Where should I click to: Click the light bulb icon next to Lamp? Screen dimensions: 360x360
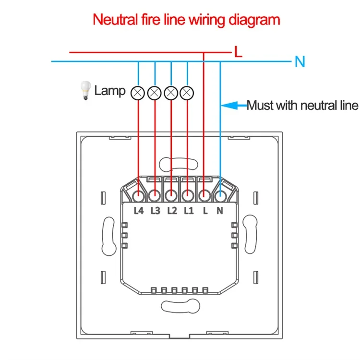pyautogui.click(x=85, y=90)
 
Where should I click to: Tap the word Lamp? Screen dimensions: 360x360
pyautogui.click(x=110, y=91)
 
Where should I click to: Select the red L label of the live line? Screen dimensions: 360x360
pyautogui.click(x=238, y=52)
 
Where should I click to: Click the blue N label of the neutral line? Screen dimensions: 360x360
pyautogui.click(x=300, y=61)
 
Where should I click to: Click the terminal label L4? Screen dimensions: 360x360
pyautogui.click(x=139, y=211)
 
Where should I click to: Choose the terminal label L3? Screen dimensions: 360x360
pyautogui.click(x=155, y=211)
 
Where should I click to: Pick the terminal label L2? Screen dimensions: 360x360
pyautogui.click(x=172, y=211)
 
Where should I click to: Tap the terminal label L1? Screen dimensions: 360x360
pyautogui.click(x=189, y=211)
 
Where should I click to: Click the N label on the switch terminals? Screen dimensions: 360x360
pyautogui.click(x=220, y=211)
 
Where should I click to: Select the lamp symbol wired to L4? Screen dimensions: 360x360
pyautogui.click(x=138, y=93)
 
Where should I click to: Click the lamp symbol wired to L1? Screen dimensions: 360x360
pyautogui.click(x=187, y=93)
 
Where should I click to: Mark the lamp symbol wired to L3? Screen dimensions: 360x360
pyautogui.click(x=154, y=93)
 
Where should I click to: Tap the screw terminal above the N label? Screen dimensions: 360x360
pyautogui.click(x=220, y=196)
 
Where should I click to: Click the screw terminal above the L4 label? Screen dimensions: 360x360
pyautogui.click(x=138, y=196)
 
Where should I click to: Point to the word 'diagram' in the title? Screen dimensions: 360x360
pyautogui.click(x=254, y=20)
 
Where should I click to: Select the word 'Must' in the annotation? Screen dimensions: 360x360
pyautogui.click(x=260, y=106)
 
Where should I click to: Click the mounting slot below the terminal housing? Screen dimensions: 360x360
pyautogui.click(x=180, y=306)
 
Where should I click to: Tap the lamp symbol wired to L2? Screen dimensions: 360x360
pyautogui.click(x=171, y=93)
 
